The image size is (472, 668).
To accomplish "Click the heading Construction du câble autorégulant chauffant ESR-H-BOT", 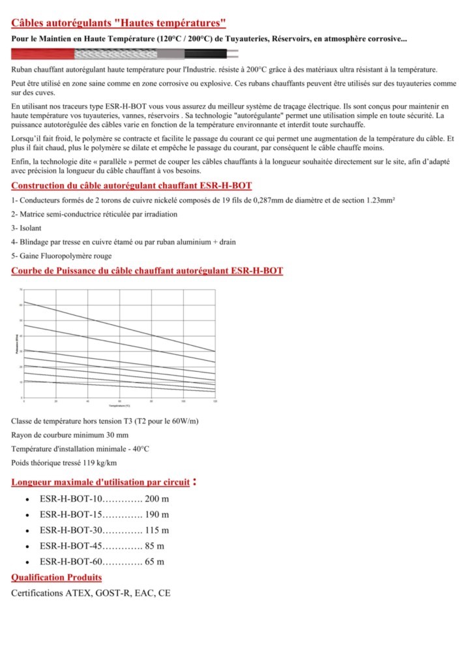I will [x=132, y=186].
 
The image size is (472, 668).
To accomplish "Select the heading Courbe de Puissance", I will [x=147, y=270].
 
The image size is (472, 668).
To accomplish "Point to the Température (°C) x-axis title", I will [x=119, y=406].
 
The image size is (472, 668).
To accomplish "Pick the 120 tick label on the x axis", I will [x=215, y=401].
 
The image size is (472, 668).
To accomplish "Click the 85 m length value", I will [x=155, y=546].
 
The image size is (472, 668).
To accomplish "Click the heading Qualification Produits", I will [x=57, y=577].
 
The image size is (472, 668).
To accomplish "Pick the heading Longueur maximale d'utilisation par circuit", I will [x=101, y=483].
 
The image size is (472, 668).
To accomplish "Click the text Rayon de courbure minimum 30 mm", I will [x=70, y=434].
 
